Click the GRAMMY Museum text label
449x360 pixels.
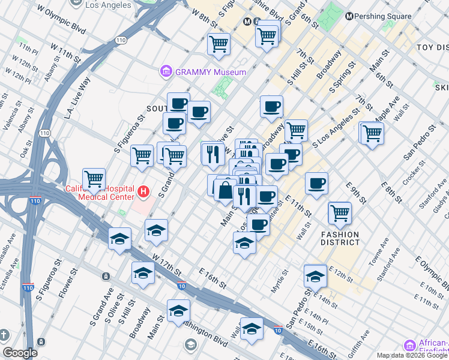point(210,72)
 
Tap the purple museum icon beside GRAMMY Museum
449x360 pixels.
point(166,72)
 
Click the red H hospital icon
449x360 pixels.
point(143,192)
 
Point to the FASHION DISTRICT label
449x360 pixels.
point(340,238)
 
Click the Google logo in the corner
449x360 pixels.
point(20,353)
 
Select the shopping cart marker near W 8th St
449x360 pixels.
point(218,43)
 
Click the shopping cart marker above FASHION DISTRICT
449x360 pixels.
point(340,212)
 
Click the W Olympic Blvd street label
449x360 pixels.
point(61,19)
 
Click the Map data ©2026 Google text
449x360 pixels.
point(412,355)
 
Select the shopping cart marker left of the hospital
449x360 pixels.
point(94,179)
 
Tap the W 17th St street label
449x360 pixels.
point(167,265)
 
